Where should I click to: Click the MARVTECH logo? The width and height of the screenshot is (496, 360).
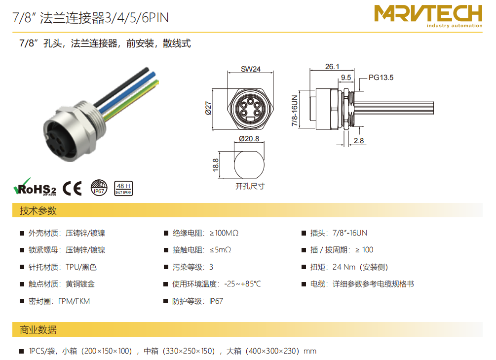click(x=428, y=16)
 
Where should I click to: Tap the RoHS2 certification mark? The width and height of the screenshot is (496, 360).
click(x=35, y=187)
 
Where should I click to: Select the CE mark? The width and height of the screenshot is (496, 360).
click(x=72, y=188)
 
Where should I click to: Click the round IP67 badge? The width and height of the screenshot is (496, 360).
click(x=99, y=188)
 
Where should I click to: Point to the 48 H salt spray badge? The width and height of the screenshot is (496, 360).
click(x=123, y=188)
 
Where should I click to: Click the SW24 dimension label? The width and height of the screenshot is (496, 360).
click(x=251, y=69)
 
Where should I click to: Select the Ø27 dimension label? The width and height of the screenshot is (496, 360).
click(x=208, y=108)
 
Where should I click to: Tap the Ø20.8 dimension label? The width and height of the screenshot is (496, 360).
click(x=249, y=139)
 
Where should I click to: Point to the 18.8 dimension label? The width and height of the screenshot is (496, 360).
click(x=216, y=165)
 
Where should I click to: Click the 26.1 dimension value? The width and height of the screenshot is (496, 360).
click(x=332, y=67)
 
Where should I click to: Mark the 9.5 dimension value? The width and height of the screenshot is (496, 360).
click(x=346, y=78)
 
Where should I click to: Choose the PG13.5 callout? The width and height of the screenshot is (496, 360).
click(x=381, y=78)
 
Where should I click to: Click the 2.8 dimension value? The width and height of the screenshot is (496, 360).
click(x=359, y=141)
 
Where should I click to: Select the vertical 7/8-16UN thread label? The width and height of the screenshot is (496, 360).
click(x=295, y=111)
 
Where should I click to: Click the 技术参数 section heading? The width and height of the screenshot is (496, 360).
click(x=38, y=210)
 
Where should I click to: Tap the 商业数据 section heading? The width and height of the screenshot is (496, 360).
click(x=38, y=329)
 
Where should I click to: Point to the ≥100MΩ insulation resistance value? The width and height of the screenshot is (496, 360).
click(x=224, y=233)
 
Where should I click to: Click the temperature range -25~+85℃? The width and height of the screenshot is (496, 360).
click(x=243, y=283)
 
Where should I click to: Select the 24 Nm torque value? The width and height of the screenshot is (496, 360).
click(x=344, y=267)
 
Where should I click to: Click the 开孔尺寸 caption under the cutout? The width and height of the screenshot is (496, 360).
click(x=250, y=186)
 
